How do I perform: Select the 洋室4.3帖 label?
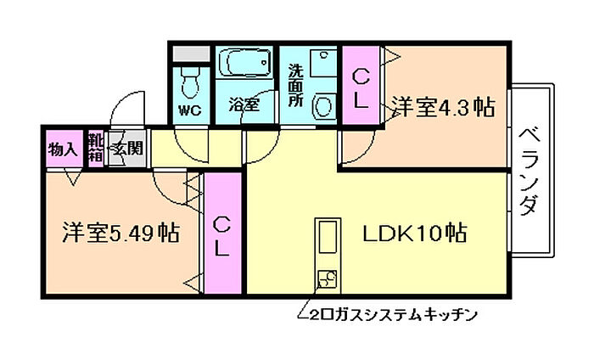[x=443, y=108]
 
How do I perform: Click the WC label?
[x=189, y=110]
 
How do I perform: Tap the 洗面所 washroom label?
[x=295, y=84]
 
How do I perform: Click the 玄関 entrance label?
[x=127, y=149]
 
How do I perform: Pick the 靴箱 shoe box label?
[x=95, y=149]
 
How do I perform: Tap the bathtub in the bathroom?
[x=245, y=64]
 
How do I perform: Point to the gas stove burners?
[x=326, y=278]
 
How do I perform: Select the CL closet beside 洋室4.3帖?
[x=361, y=87]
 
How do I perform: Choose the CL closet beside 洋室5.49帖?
[x=221, y=235]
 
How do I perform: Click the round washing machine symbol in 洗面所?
[x=322, y=105]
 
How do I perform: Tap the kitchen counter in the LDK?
[x=326, y=243]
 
